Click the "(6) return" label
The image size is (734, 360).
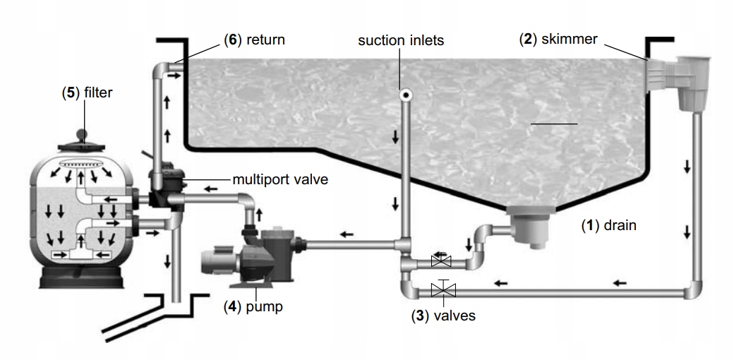(254, 40)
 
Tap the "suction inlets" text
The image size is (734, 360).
(401, 40)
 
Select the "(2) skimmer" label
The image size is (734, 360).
(558, 40)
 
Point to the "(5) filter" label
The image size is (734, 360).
(87, 92)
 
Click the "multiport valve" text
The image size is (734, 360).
(280, 179)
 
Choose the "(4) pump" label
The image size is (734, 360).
(253, 307)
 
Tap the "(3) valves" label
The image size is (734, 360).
(443, 316)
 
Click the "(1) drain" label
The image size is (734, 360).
(609, 225)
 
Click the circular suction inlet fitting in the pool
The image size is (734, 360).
(405, 95)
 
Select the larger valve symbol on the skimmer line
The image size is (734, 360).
(443, 289)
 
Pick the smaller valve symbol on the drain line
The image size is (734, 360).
(441, 260)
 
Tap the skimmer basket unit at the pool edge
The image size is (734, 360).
(679, 83)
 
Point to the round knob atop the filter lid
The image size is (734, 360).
(82, 135)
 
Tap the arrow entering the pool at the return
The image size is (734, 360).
(174, 76)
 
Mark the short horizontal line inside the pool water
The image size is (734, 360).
(554, 124)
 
